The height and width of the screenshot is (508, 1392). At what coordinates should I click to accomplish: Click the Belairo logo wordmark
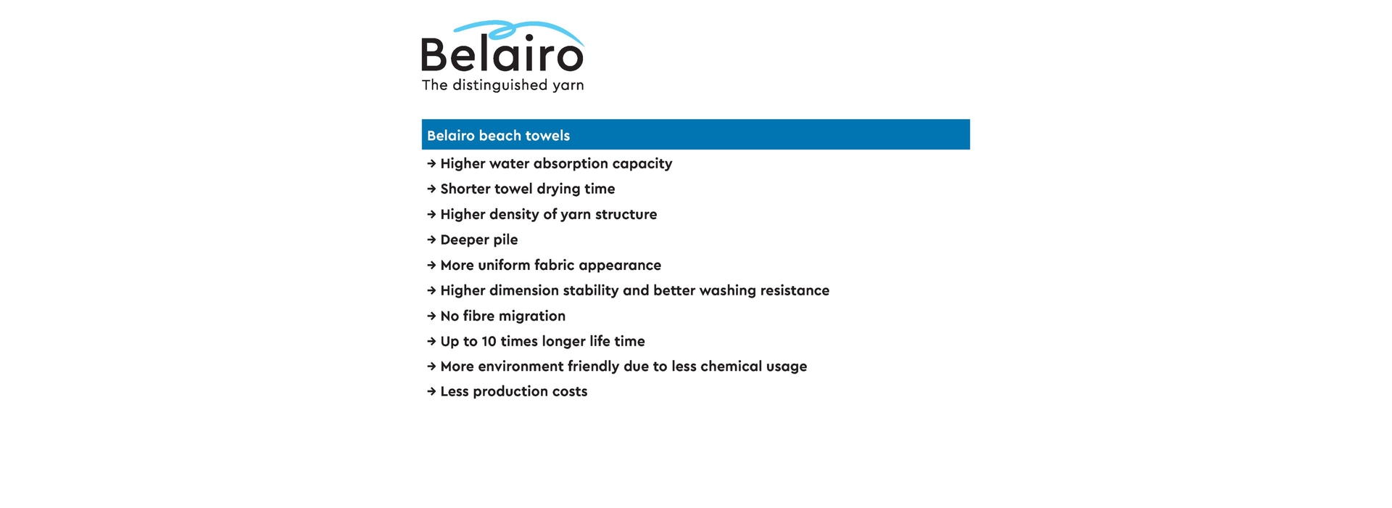[502, 54]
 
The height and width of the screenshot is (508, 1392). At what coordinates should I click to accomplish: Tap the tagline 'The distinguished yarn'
[502, 86]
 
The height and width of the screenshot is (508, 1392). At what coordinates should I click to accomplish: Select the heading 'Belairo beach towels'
[498, 136]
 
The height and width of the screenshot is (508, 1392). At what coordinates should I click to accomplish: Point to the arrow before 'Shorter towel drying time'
[431, 189]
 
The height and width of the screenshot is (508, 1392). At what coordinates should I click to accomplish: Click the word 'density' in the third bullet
[514, 215]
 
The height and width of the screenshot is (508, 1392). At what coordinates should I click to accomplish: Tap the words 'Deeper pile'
[478, 239]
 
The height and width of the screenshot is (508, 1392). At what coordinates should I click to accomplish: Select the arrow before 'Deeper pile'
[431, 239]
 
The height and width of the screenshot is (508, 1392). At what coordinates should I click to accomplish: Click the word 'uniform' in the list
[504, 265]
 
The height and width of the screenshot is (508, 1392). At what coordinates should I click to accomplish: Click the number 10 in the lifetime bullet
[489, 341]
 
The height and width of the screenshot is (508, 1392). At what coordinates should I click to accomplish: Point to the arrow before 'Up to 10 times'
[431, 341]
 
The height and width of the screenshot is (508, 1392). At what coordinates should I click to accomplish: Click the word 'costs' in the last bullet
[570, 392]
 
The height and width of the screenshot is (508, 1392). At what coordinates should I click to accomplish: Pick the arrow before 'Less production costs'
[431, 392]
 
